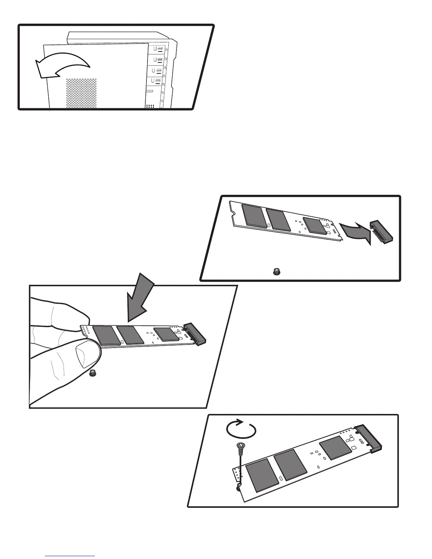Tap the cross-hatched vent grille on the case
click(x=81, y=93)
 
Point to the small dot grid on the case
click(x=150, y=106)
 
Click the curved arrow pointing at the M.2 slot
click(x=355, y=233)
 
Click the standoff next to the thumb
click(x=94, y=373)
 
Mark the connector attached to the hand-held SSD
click(x=195, y=333)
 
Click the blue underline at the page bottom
click(x=70, y=556)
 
